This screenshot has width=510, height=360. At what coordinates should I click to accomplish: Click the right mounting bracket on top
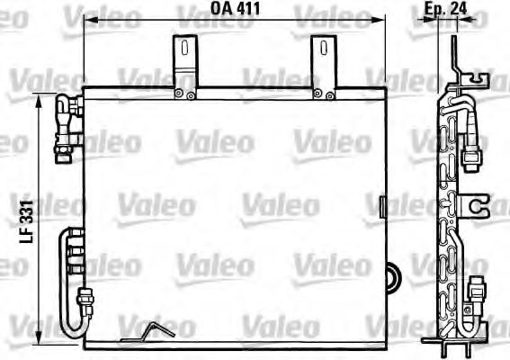[321, 65]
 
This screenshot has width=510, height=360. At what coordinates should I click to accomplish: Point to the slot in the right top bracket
[321, 49]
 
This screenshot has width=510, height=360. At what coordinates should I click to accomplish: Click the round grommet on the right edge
[390, 276]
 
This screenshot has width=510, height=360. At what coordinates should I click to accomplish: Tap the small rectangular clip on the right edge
[383, 208]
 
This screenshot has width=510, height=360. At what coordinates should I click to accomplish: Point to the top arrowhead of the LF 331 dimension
[39, 102]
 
